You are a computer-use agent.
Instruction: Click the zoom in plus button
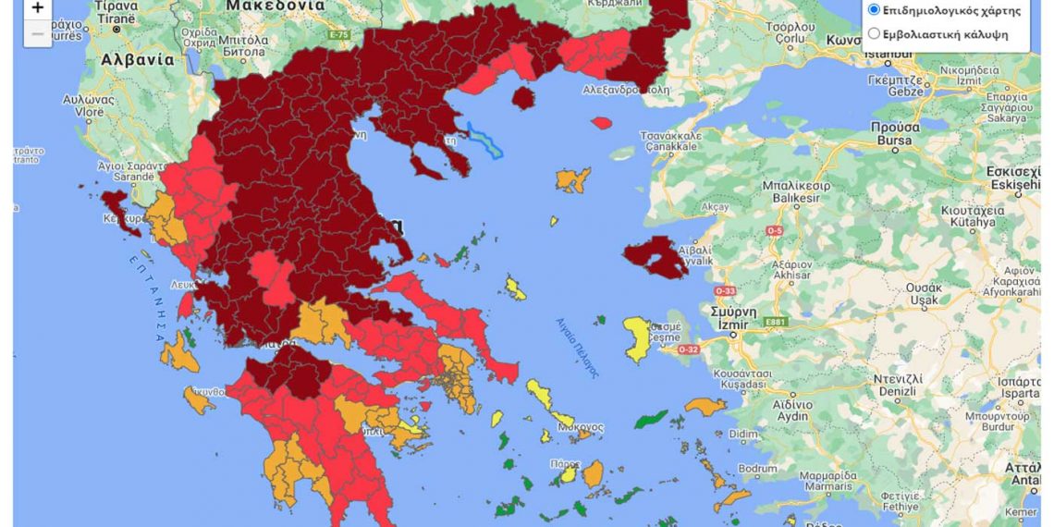click(x=37, y=8)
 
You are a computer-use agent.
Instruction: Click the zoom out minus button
click(x=37, y=34)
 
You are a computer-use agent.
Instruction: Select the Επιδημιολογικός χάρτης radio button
click(x=874, y=10)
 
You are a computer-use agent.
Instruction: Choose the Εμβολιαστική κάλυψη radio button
click(x=874, y=34)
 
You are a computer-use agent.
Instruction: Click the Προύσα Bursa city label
click(x=895, y=134)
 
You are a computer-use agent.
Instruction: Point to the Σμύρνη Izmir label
click(x=734, y=317)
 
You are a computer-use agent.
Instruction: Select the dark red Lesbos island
click(x=653, y=259)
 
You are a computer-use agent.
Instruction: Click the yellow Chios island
click(x=637, y=339)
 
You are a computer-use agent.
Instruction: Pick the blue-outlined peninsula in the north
click(x=484, y=140)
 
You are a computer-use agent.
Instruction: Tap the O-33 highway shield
click(x=724, y=291)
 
